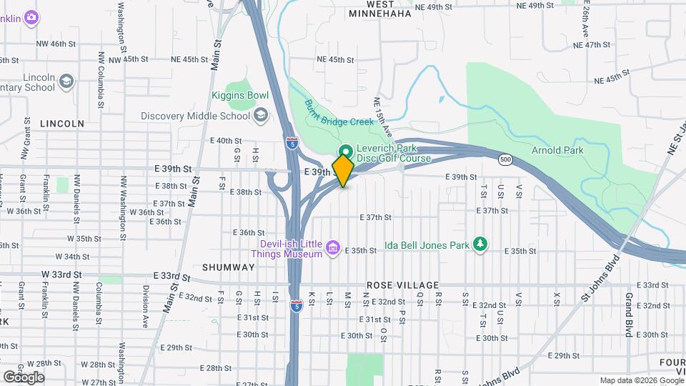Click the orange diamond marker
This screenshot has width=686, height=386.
(344, 171)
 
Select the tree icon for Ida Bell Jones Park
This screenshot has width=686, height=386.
(480, 244)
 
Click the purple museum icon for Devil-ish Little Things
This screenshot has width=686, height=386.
(332, 248)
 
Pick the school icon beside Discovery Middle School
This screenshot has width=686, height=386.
(262, 115)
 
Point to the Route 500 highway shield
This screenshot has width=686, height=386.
(505, 158)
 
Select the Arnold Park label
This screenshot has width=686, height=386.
(557, 150)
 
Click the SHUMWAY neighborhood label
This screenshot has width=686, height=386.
(228, 267)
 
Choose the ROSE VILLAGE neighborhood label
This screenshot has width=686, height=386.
(396, 284)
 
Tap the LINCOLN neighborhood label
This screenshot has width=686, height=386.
(62, 123)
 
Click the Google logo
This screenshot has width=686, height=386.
(23, 377)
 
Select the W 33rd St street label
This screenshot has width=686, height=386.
(62, 274)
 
